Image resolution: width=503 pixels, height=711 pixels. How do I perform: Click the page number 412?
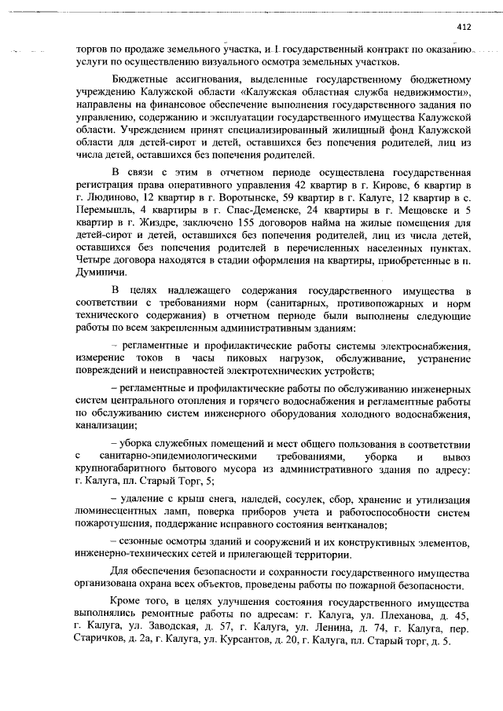pyautogui.click(x=462, y=27)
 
